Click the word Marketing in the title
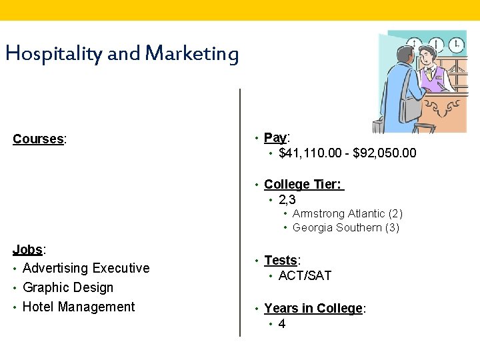[191, 54]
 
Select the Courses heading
[38, 139]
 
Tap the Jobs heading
[27, 249]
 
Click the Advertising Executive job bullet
[86, 268]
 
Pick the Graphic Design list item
[68, 287]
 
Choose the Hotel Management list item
[79, 307]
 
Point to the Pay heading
[275, 137]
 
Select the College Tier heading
[303, 184]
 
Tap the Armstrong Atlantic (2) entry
[347, 213]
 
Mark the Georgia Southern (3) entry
[346, 227]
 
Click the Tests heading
[281, 260]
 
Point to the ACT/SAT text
[305, 275]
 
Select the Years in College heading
[314, 308]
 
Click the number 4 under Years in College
[282, 324]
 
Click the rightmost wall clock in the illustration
[457, 45]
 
